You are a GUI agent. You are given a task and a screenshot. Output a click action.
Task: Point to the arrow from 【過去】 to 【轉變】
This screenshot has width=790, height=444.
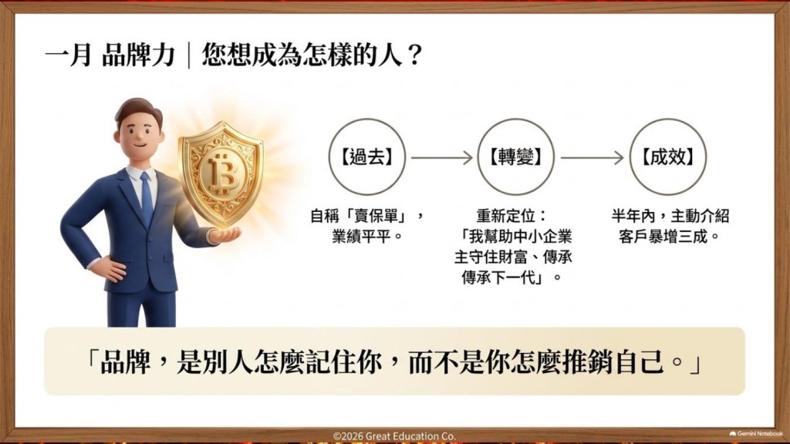[x=442, y=157]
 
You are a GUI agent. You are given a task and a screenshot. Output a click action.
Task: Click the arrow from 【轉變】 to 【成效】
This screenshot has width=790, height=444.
[x=592, y=157]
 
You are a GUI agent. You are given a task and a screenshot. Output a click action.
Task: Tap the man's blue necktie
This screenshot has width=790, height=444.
[x=146, y=198]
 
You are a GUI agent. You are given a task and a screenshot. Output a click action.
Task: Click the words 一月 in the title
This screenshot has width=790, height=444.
[x=69, y=55]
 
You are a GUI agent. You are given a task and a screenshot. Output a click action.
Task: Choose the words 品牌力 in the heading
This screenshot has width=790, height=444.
[x=139, y=55]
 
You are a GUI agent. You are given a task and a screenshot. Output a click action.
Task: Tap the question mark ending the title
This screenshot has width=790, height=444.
[x=414, y=55]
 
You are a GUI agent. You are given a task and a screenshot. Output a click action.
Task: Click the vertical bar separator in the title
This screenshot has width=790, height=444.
[x=189, y=55]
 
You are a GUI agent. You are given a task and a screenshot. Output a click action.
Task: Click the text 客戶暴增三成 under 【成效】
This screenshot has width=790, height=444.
[x=663, y=236]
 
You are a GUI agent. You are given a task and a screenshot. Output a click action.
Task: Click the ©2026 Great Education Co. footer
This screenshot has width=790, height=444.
[x=394, y=436]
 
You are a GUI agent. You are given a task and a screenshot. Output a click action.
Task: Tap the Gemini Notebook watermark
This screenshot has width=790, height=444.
[x=756, y=433]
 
